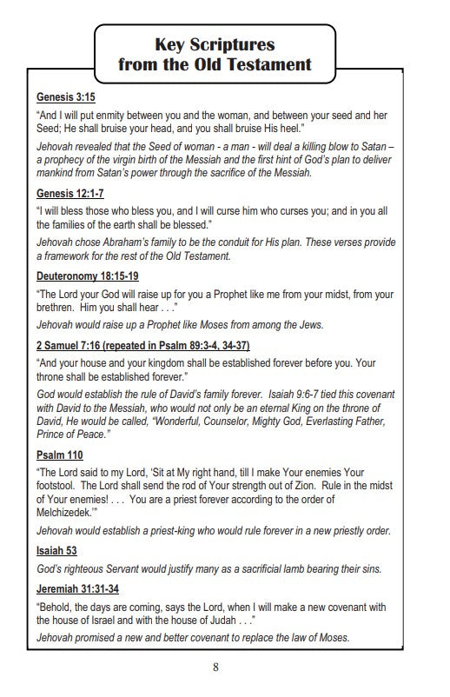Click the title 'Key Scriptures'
click(215, 45)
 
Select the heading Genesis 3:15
click(66, 98)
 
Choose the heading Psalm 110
click(60, 455)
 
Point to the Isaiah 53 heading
click(56, 550)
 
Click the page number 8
click(215, 667)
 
